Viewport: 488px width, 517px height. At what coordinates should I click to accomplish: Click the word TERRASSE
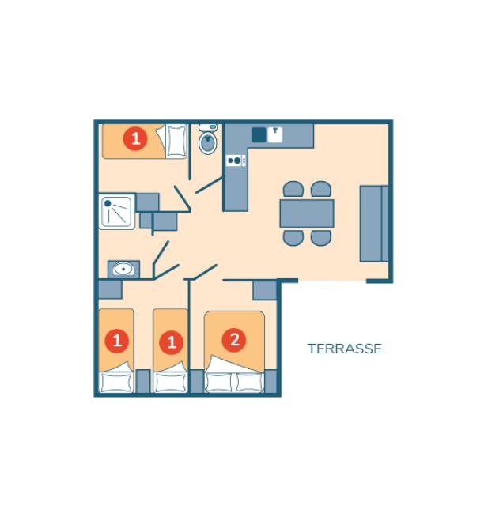[344, 349]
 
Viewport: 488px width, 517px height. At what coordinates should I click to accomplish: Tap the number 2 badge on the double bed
[233, 340]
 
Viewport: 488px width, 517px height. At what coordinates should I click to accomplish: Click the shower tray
[117, 212]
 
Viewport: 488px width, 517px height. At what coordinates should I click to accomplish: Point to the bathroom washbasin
[123, 270]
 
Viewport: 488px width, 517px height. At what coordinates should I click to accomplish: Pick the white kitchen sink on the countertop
[274, 134]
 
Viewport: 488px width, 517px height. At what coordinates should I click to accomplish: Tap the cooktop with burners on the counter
[235, 160]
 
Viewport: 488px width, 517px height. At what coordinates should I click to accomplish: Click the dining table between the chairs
[306, 213]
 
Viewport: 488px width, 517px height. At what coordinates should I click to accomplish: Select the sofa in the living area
[373, 224]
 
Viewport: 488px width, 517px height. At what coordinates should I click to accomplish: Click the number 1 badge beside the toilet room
[135, 139]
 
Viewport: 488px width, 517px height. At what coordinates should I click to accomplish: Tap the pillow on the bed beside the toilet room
[176, 142]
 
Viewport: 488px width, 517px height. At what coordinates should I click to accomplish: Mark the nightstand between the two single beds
[143, 381]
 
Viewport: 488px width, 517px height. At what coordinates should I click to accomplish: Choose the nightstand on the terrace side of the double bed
[270, 381]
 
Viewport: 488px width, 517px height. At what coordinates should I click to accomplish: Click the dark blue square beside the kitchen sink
[259, 134]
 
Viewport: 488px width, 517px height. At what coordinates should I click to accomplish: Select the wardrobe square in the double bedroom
[264, 290]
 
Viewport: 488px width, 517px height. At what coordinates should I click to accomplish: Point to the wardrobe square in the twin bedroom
[110, 289]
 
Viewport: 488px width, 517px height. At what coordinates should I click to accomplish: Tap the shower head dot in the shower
[108, 203]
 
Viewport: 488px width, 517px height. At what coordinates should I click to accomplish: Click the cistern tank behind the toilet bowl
[208, 127]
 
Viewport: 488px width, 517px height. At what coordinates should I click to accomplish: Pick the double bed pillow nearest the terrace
[249, 382]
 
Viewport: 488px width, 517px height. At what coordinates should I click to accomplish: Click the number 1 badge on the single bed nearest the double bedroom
[171, 343]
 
